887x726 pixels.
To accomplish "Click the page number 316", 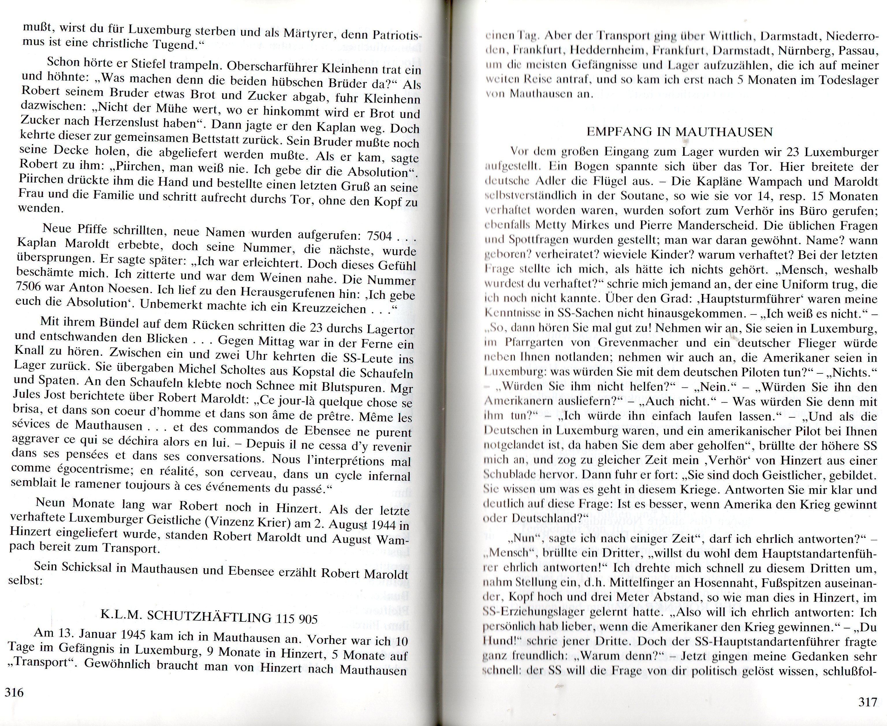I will pyautogui.click(x=14, y=692).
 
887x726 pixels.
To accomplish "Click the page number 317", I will pyautogui.click(x=867, y=702).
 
